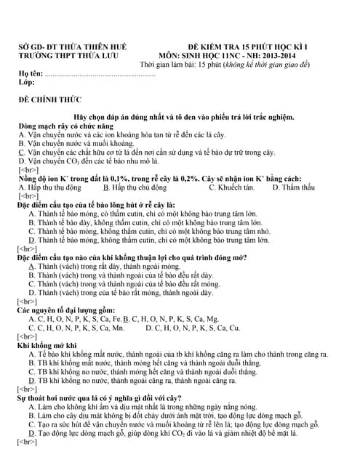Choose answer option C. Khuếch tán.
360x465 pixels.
tap(231, 187)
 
